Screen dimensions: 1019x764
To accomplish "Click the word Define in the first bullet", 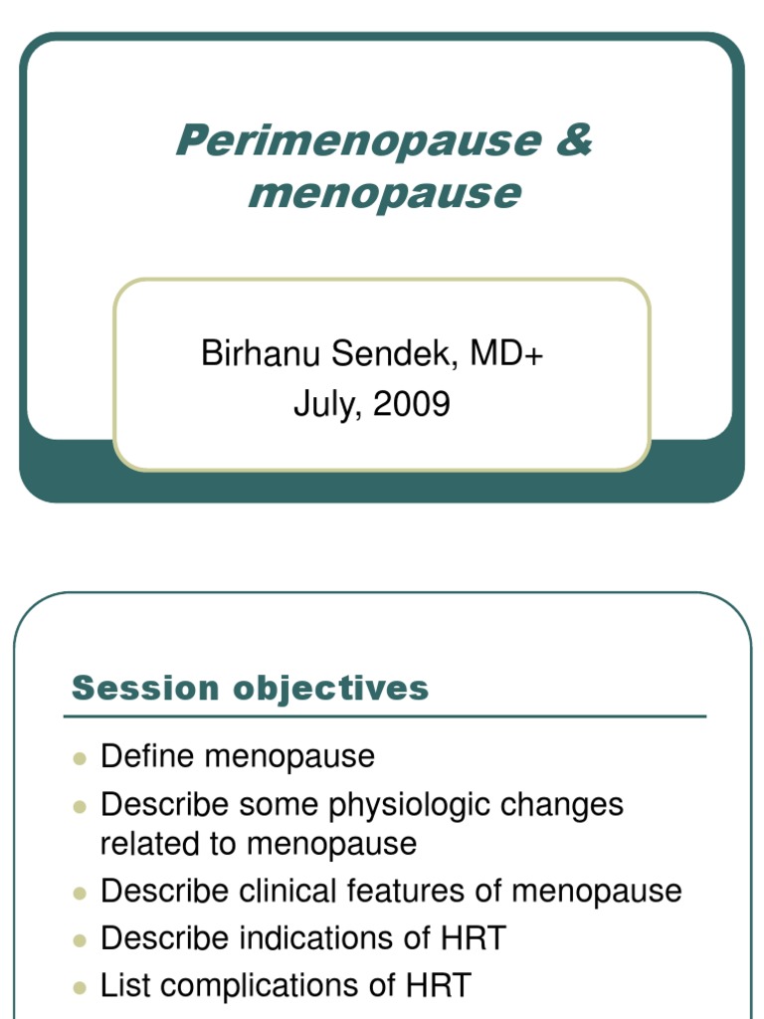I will pos(148,756).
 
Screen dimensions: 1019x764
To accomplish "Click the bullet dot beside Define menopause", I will pos(81,758).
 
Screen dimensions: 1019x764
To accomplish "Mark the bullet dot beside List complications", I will pos(81,987).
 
